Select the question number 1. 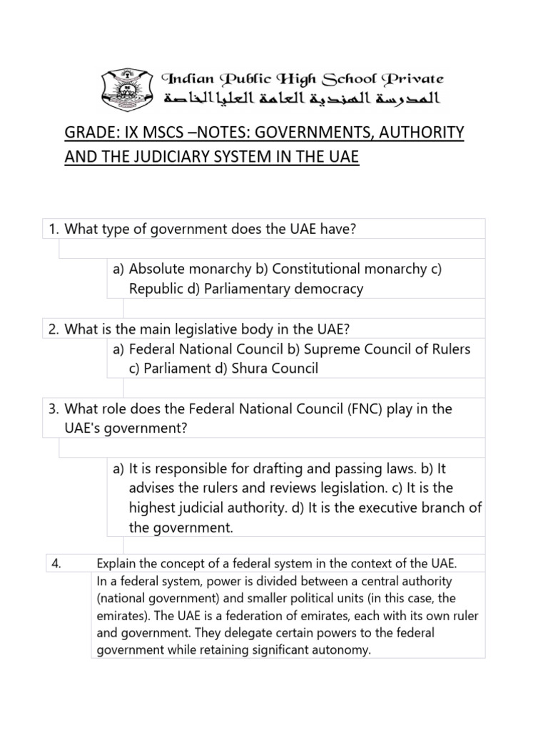54,229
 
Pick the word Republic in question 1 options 154,289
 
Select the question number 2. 54,329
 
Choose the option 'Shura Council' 274,369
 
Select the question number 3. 54,409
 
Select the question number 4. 57,564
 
